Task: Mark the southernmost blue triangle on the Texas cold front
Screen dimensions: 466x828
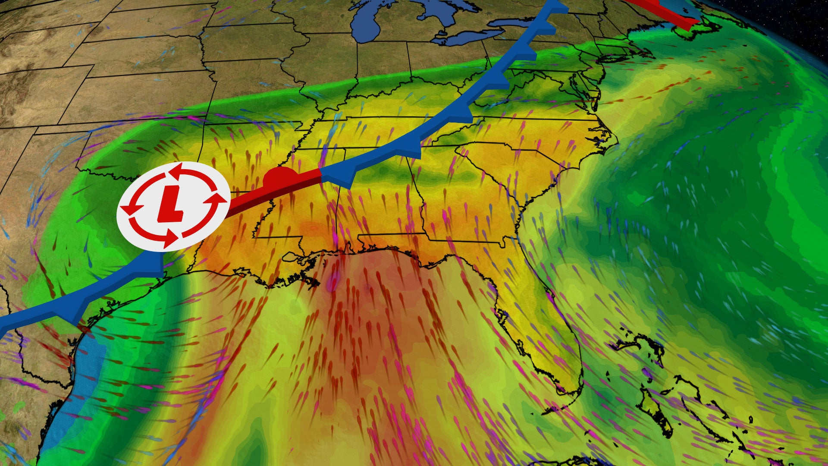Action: (78, 313)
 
